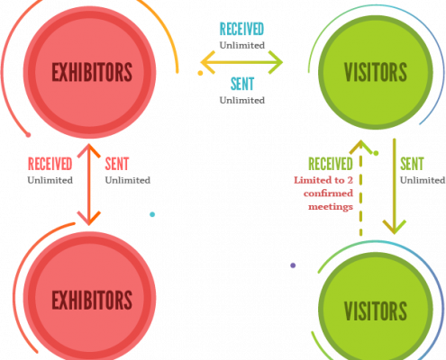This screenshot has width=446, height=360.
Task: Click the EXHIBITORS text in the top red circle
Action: click(92, 72)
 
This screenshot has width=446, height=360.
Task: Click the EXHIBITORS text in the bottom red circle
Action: click(92, 300)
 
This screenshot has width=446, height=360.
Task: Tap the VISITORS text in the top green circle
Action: click(376, 72)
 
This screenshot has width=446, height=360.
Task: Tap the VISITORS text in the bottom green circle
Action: click(376, 310)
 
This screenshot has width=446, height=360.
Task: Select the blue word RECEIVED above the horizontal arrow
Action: click(241, 29)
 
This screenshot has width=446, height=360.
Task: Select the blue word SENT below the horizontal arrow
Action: click(242, 84)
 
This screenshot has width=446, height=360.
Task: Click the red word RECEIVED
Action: click(50, 164)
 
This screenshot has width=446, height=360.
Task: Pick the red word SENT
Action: click(117, 164)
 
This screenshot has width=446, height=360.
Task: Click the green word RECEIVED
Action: click(331, 164)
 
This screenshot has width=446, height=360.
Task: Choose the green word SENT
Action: click(412, 164)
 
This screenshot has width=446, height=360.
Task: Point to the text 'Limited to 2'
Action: click(323, 180)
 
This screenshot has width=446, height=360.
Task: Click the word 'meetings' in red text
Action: click(331, 207)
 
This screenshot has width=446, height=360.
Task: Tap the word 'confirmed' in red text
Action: click(328, 193)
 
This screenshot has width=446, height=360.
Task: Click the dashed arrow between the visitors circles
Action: click(360, 188)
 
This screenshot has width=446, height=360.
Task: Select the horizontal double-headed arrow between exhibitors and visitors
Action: click(241, 62)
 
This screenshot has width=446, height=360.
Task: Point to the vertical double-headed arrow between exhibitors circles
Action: click(89, 184)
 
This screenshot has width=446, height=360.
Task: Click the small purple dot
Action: click(293, 265)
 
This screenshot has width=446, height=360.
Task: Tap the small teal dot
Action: click(152, 214)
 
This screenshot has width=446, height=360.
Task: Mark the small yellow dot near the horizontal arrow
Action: click(200, 73)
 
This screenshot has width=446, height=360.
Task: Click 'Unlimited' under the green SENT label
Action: click(423, 180)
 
